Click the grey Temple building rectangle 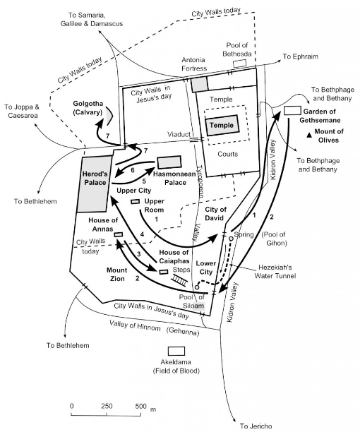[x=222, y=126]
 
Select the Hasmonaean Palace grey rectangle [x=169, y=162]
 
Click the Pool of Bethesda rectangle [x=239, y=64]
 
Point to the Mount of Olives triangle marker [x=309, y=135]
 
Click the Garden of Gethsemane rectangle [x=292, y=111]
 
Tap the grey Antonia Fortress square [x=200, y=84]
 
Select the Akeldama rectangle [x=176, y=352]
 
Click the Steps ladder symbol [x=179, y=280]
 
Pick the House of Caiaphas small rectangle [x=164, y=272]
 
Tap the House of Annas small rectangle [x=119, y=234]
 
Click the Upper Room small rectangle [x=136, y=202]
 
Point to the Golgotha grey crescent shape [x=109, y=116]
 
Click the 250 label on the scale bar [x=107, y=406]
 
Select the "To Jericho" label [x=256, y=426]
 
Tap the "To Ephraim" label [x=301, y=56]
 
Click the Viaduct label [x=179, y=134]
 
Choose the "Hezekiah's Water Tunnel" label [x=275, y=271]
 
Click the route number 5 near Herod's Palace [x=144, y=181]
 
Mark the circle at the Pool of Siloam [x=197, y=287]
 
